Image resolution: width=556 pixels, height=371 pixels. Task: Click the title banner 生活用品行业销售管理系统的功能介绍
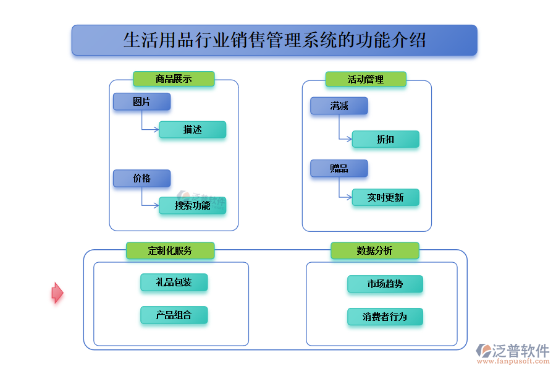pyautogui.click(x=274, y=40)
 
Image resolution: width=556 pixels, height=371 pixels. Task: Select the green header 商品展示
pyautogui.click(x=174, y=79)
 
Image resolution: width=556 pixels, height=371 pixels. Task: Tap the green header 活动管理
pyautogui.click(x=366, y=79)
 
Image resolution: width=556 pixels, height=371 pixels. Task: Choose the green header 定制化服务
pyautogui.click(x=170, y=250)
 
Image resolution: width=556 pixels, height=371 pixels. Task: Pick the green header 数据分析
pyautogui.click(x=374, y=250)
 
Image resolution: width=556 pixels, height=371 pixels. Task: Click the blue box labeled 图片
pyautogui.click(x=141, y=101)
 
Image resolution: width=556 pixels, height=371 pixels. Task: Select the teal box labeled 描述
pyautogui.click(x=192, y=129)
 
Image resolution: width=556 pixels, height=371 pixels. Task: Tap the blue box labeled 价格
pyautogui.click(x=141, y=178)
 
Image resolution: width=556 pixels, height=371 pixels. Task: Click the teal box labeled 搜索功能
pyautogui.click(x=192, y=205)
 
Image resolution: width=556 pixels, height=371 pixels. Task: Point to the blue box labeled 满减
pyautogui.click(x=339, y=106)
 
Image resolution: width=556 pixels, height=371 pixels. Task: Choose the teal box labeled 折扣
pyautogui.click(x=385, y=139)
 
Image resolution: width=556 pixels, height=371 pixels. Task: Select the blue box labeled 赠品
pyautogui.click(x=339, y=168)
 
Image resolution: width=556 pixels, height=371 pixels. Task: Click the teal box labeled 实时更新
pyautogui.click(x=385, y=197)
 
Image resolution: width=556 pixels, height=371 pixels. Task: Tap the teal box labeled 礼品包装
pyautogui.click(x=174, y=283)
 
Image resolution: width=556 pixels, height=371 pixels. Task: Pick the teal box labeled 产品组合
pyautogui.click(x=174, y=315)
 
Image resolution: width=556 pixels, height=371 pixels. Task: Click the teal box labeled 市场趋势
pyautogui.click(x=385, y=284)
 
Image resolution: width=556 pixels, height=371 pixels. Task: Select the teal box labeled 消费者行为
pyautogui.click(x=385, y=317)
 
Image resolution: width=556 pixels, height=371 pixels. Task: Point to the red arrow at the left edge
pyautogui.click(x=57, y=292)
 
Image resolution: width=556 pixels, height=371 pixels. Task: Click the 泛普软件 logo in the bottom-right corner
pyautogui.click(x=512, y=353)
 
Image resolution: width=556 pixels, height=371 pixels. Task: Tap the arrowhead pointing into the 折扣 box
pyautogui.click(x=349, y=139)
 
